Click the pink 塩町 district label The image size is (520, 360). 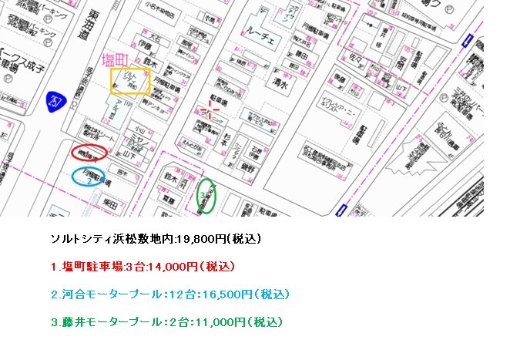tap(119, 60)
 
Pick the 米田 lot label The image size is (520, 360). tap(109, 206)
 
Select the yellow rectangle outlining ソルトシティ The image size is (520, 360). tap(130, 81)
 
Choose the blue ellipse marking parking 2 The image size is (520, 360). tap(93, 177)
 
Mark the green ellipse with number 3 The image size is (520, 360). tap(206, 196)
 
